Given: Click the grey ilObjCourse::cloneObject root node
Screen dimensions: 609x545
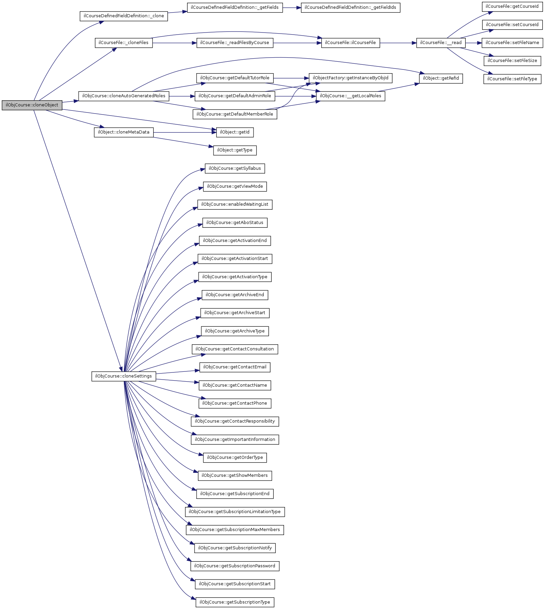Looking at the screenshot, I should coord(32,105).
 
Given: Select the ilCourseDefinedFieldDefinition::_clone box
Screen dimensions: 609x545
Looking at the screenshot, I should coord(124,16).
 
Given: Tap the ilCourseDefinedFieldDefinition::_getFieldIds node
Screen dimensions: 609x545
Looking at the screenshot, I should coord(350,7).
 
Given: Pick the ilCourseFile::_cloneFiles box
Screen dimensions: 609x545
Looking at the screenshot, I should coord(123,43).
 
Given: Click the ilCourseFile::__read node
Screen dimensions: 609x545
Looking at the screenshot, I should coord(441,43).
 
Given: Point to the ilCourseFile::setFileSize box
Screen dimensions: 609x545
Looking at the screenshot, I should coord(512,61).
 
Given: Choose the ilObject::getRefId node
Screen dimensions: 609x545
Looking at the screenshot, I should coord(441,78).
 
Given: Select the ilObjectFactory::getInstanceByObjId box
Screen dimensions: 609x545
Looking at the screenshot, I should coord(350,78).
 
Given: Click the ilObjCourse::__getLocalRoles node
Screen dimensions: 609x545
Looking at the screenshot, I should coord(350,96).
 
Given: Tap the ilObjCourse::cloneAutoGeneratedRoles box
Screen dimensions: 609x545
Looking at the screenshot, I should coord(124,96).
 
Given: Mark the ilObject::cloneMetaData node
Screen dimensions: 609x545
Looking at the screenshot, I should coord(123,132).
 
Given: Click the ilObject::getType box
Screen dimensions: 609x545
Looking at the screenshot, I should coord(235,150).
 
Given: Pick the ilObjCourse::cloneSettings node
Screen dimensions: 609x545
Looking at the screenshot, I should coord(123,376).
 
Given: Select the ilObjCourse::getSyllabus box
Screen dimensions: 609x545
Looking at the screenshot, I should coord(235,168).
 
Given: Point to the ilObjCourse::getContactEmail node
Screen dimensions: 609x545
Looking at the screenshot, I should coord(235,367).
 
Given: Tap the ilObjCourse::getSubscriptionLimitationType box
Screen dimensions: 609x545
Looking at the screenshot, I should coord(235,512).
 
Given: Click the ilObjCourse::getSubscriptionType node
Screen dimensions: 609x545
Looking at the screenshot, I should coord(235,602).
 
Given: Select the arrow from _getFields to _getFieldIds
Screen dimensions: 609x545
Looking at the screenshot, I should coord(291,7).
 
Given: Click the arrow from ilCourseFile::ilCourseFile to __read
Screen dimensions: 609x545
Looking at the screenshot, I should coord(398,43).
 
